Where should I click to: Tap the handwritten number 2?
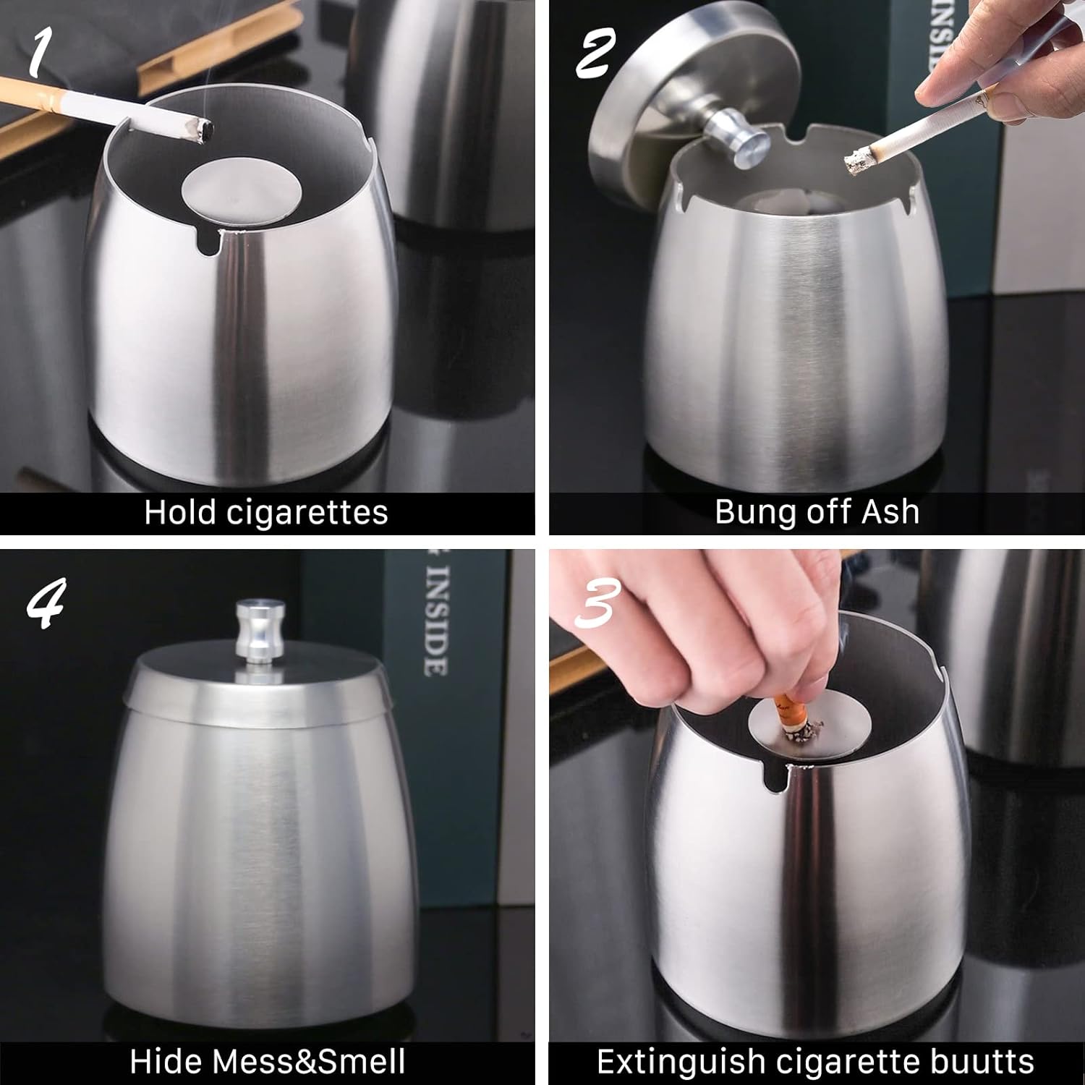tap(595, 54)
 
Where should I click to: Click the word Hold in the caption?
tap(180, 512)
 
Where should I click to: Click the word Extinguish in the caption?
tap(681, 1063)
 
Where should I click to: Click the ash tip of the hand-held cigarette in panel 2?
tap(859, 161)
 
